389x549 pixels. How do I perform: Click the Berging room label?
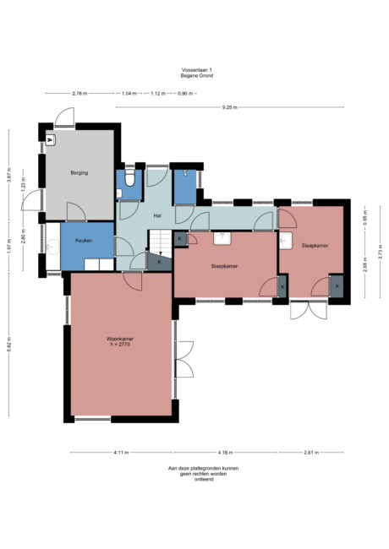click(79, 172)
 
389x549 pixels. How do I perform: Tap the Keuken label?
click(84, 241)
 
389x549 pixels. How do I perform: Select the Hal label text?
click(157, 215)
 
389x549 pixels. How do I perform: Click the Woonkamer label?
click(122, 341)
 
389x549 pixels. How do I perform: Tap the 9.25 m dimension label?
click(229, 107)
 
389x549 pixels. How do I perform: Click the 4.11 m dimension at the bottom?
click(120, 454)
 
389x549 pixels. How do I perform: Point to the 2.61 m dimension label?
click(311, 454)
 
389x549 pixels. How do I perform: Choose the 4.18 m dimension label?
click(226, 454)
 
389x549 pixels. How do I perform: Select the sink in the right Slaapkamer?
click(286, 243)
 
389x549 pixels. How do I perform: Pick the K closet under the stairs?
click(160, 262)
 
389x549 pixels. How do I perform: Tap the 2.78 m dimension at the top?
click(79, 93)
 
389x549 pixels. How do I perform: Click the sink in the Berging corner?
click(50, 141)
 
